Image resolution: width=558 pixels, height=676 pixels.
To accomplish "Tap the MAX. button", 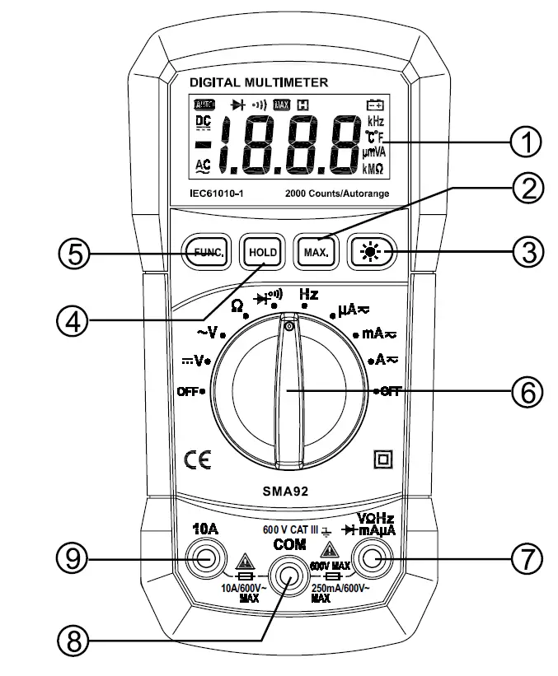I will click(313, 253).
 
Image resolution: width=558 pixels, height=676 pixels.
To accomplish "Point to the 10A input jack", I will click(204, 560).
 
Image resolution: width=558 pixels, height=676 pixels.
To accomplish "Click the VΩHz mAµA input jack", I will click(370, 560).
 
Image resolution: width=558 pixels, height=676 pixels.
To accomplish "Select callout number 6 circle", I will click(524, 392).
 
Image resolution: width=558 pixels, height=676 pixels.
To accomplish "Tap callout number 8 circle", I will click(74, 641).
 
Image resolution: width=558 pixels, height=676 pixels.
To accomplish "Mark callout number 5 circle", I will click(74, 254).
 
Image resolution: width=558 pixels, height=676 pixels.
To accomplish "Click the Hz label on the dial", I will click(308, 294).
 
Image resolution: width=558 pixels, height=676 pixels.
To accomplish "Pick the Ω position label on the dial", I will click(237, 303).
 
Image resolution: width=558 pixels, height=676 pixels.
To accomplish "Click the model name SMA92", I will click(286, 487).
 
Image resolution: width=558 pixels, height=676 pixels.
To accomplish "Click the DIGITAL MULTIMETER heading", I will click(258, 82).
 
